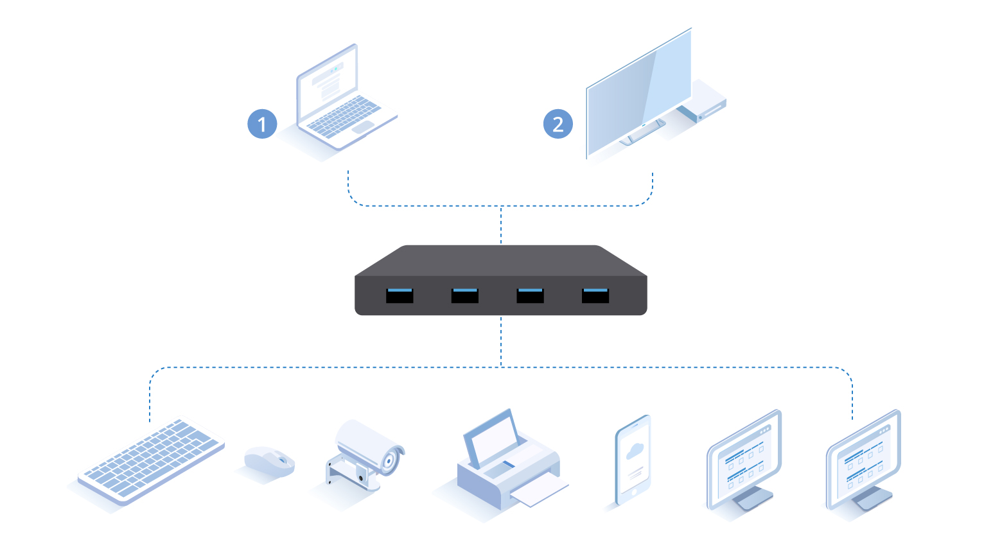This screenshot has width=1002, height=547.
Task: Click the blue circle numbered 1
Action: pos(262,124)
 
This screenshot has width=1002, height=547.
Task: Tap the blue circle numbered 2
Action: pos(558,124)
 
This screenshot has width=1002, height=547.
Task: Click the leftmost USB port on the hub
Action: pos(400,295)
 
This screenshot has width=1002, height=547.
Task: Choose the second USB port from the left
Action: pos(464,295)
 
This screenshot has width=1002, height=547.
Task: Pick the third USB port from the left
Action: pos(531,295)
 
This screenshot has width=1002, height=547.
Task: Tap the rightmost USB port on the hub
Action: pos(595,295)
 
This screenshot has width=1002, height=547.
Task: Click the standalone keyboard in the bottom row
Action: pos(150,458)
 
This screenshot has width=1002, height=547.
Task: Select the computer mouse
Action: pos(269,461)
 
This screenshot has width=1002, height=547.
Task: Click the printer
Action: pos(507,462)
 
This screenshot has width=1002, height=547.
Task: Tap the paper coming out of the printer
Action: pos(538,491)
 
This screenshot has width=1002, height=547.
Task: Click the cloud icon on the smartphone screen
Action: pos(635,451)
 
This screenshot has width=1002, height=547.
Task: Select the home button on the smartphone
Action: pos(633,492)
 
